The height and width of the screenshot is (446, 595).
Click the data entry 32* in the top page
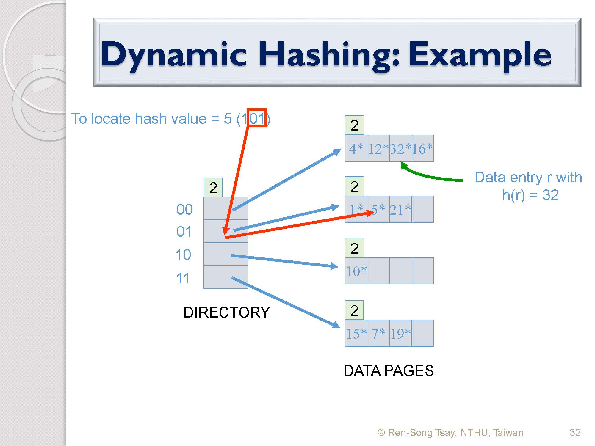pyautogui.click(x=400, y=149)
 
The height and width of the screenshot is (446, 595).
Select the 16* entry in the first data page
pyautogui.click(x=422, y=149)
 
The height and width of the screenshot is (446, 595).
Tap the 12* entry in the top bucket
pyautogui.click(x=378, y=149)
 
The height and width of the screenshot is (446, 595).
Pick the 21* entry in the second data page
pyautogui.click(x=400, y=210)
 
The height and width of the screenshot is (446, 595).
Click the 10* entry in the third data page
pyautogui.click(x=356, y=271)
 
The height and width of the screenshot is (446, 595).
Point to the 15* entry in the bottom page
pyautogui.click(x=356, y=334)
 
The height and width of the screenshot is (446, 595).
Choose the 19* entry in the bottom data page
pyautogui.click(x=400, y=334)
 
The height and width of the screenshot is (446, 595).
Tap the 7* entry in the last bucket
pyautogui.click(x=378, y=334)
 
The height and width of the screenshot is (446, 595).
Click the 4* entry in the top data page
pyautogui.click(x=356, y=149)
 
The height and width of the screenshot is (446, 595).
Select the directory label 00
pyautogui.click(x=184, y=210)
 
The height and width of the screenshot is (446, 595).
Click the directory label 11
pyautogui.click(x=183, y=279)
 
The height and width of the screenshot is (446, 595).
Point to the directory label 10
pyautogui.click(x=183, y=255)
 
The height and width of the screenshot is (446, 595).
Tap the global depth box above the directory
pyautogui.click(x=213, y=188)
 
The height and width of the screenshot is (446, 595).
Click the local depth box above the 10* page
pyautogui.click(x=354, y=248)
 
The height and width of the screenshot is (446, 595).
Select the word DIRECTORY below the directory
pyautogui.click(x=227, y=312)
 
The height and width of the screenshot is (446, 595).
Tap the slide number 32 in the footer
pyautogui.click(x=575, y=432)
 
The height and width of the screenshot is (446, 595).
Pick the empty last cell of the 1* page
pyautogui.click(x=423, y=209)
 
